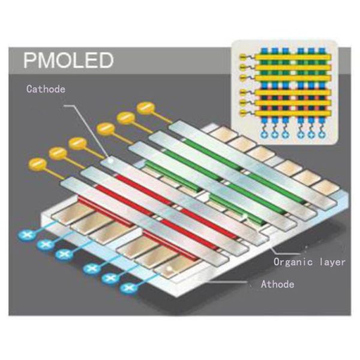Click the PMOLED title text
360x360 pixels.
(x=67, y=61)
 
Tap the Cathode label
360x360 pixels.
(x=45, y=89)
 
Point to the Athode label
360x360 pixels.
(x=277, y=284)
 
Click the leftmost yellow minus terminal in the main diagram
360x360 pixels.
(x=35, y=163)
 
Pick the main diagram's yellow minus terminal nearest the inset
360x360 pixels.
(x=146, y=108)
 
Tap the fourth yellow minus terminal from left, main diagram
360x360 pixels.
(x=105, y=128)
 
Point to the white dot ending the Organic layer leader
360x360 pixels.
(x=245, y=215)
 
